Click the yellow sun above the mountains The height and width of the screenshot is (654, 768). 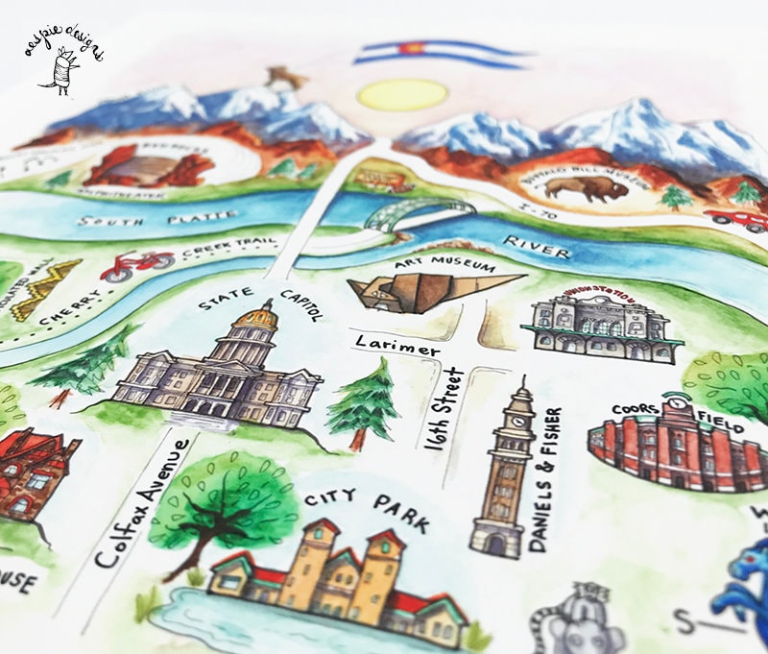click(401, 94)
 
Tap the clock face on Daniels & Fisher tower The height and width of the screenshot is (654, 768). click(518, 420)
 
